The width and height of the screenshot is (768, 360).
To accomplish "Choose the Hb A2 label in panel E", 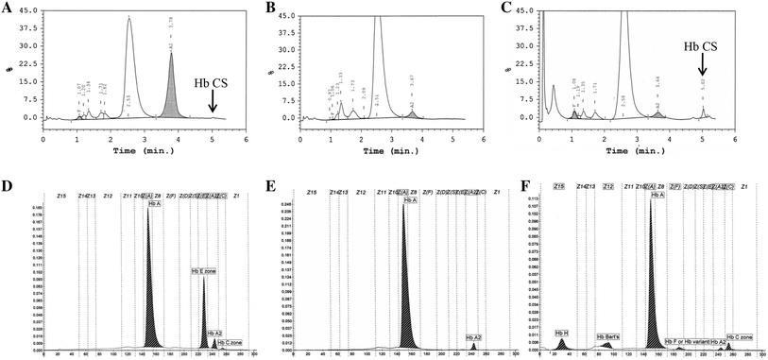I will (474, 337).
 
